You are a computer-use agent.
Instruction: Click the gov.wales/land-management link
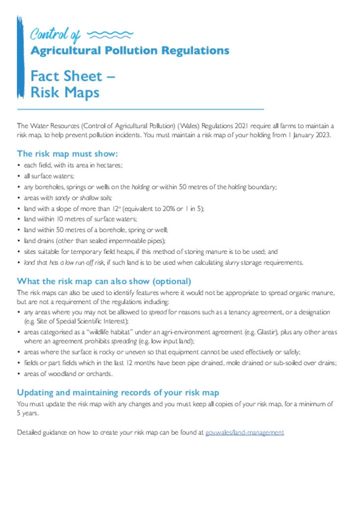pyautogui.click(x=244, y=432)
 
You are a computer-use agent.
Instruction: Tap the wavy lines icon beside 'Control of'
pyautogui.click(x=110, y=34)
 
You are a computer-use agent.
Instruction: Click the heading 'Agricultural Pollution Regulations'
pyautogui.click(x=130, y=51)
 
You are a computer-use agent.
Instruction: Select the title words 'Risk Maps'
pyautogui.click(x=65, y=92)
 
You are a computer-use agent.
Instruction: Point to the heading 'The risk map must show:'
pyautogui.click(x=67, y=154)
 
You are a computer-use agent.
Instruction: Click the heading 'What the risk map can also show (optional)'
pyautogui.click(x=104, y=281)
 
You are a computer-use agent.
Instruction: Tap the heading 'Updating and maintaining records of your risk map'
pyautogui.click(x=118, y=393)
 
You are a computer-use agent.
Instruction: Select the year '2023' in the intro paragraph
pyautogui.click(x=321, y=135)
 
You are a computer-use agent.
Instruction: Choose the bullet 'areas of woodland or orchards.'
pyautogui.click(x=68, y=374)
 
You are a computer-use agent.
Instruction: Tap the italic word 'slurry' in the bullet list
pyautogui.click(x=232, y=262)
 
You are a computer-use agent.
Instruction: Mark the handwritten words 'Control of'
pyautogui.click(x=55, y=35)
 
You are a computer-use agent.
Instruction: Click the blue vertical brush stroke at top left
pyautogui.click(x=20, y=57)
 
